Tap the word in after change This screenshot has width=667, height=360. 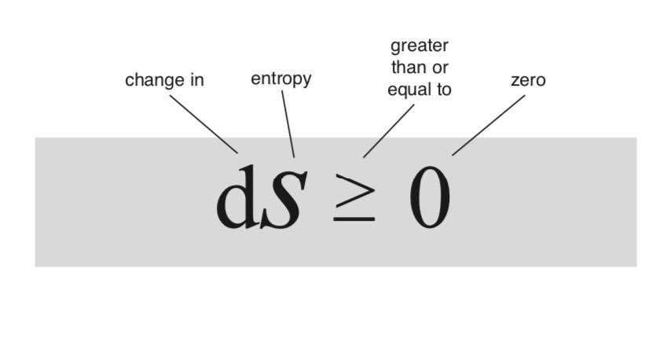[x=196, y=80]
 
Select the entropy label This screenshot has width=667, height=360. [x=280, y=79]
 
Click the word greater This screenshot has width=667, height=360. [x=420, y=46]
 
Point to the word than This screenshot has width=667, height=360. [x=407, y=67]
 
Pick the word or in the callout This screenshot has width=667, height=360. [x=440, y=67]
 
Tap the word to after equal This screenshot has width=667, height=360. [x=443, y=89]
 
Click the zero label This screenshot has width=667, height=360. [x=528, y=80]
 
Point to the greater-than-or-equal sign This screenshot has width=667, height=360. [x=353, y=196]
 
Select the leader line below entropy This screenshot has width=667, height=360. [x=288, y=123]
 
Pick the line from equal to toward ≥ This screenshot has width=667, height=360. [x=388, y=130]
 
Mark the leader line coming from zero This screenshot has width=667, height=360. [x=488, y=125]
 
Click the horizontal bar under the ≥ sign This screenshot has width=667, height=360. [x=353, y=219]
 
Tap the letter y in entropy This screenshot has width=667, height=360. [x=306, y=82]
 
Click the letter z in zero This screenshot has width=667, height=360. [x=515, y=80]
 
